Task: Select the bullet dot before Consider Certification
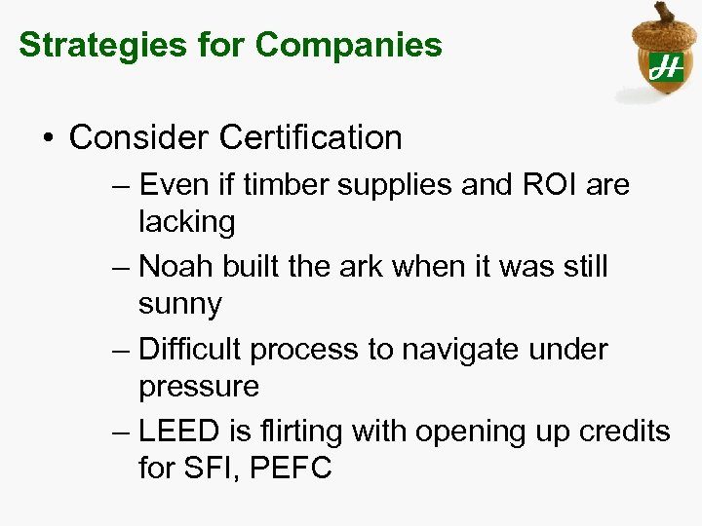(49, 138)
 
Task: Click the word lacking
(186, 222)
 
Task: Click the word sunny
(179, 304)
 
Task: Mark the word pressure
(198, 387)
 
